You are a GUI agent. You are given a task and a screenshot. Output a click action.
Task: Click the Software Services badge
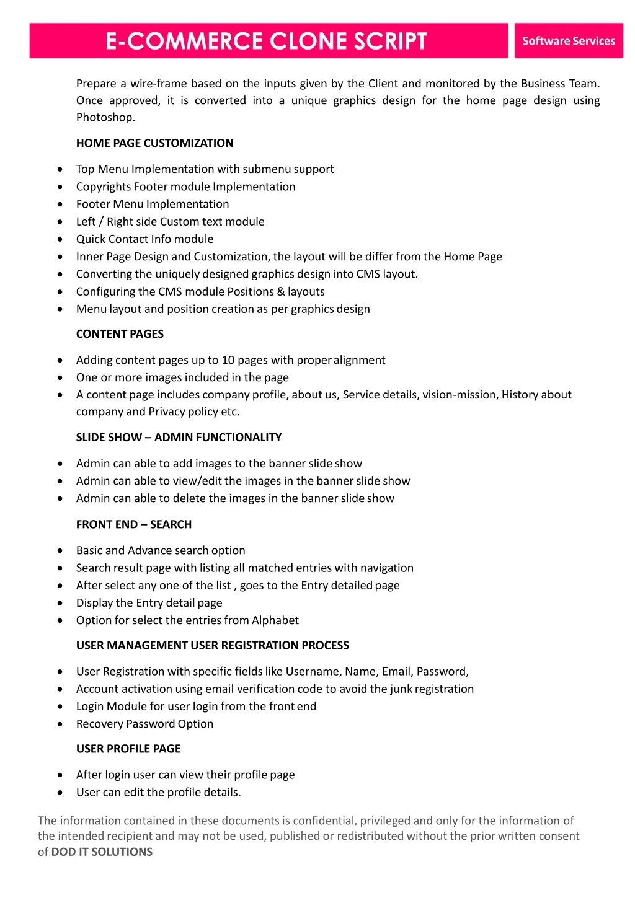coord(568,41)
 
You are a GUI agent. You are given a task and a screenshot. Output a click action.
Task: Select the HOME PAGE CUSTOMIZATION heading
coord(154,143)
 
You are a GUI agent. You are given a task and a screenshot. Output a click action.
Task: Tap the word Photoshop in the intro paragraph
coord(105,117)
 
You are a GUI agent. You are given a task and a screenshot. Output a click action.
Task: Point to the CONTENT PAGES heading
coord(120,334)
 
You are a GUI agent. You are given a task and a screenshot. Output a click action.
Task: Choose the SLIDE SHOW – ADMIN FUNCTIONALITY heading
coord(179,438)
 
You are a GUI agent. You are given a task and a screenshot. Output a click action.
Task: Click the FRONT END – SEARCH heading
coord(134,524)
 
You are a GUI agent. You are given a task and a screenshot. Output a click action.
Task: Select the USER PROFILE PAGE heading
coord(128,749)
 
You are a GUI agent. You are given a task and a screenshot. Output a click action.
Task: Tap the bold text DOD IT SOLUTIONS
coord(102,852)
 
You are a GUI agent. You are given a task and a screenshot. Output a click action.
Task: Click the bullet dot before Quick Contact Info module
coord(60,239)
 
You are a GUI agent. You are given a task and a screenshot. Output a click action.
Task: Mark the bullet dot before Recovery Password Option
coord(60,724)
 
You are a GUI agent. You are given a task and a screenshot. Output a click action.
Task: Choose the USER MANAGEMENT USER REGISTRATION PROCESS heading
coord(212,645)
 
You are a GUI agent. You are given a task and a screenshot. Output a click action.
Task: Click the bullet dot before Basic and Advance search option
coord(60,550)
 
